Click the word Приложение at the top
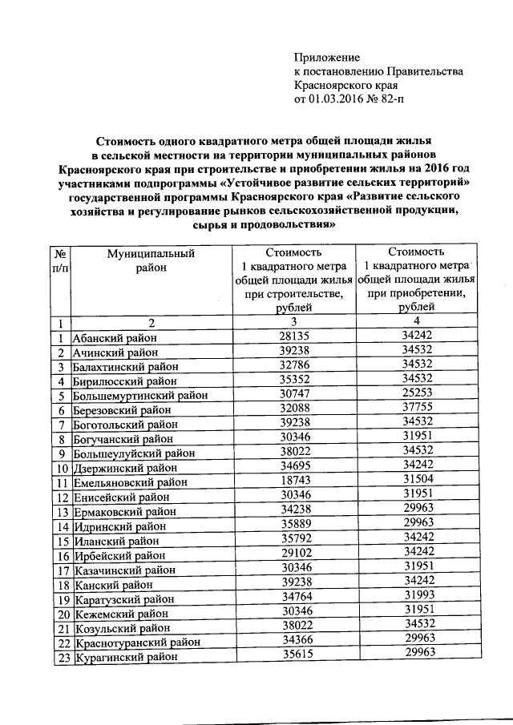327,58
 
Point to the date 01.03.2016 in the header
338,99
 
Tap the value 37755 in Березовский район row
415,409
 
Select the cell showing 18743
293,481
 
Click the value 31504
415,481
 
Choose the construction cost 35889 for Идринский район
293,525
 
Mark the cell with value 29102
293,554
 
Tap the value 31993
415,597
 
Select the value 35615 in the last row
293,655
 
